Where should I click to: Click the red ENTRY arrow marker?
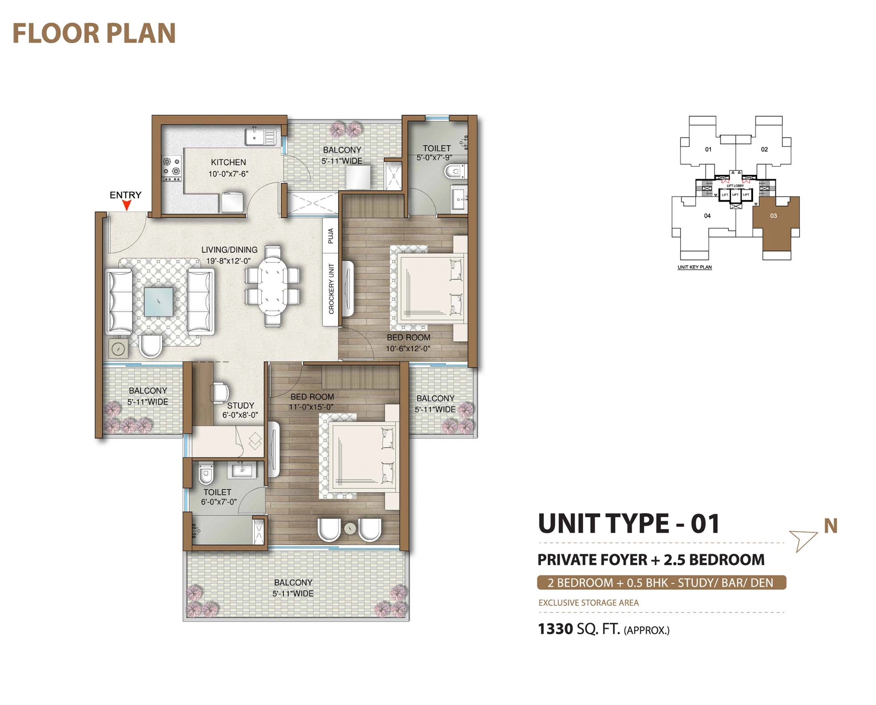[x=127, y=205]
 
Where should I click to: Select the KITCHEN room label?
[x=228, y=162]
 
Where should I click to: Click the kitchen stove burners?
[x=171, y=168]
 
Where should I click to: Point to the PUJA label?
[x=331, y=235]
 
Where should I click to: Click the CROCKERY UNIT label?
[x=331, y=289]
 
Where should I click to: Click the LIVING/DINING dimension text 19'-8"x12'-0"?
[x=228, y=261]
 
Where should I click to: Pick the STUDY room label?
[x=240, y=405]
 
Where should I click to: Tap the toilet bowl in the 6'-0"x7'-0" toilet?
[x=206, y=476]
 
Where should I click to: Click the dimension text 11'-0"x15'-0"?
[x=311, y=407]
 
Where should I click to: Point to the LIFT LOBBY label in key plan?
[x=735, y=186]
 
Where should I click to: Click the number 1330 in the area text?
[x=555, y=629]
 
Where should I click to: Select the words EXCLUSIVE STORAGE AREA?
[x=588, y=603]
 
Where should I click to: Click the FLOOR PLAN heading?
[x=94, y=33]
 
